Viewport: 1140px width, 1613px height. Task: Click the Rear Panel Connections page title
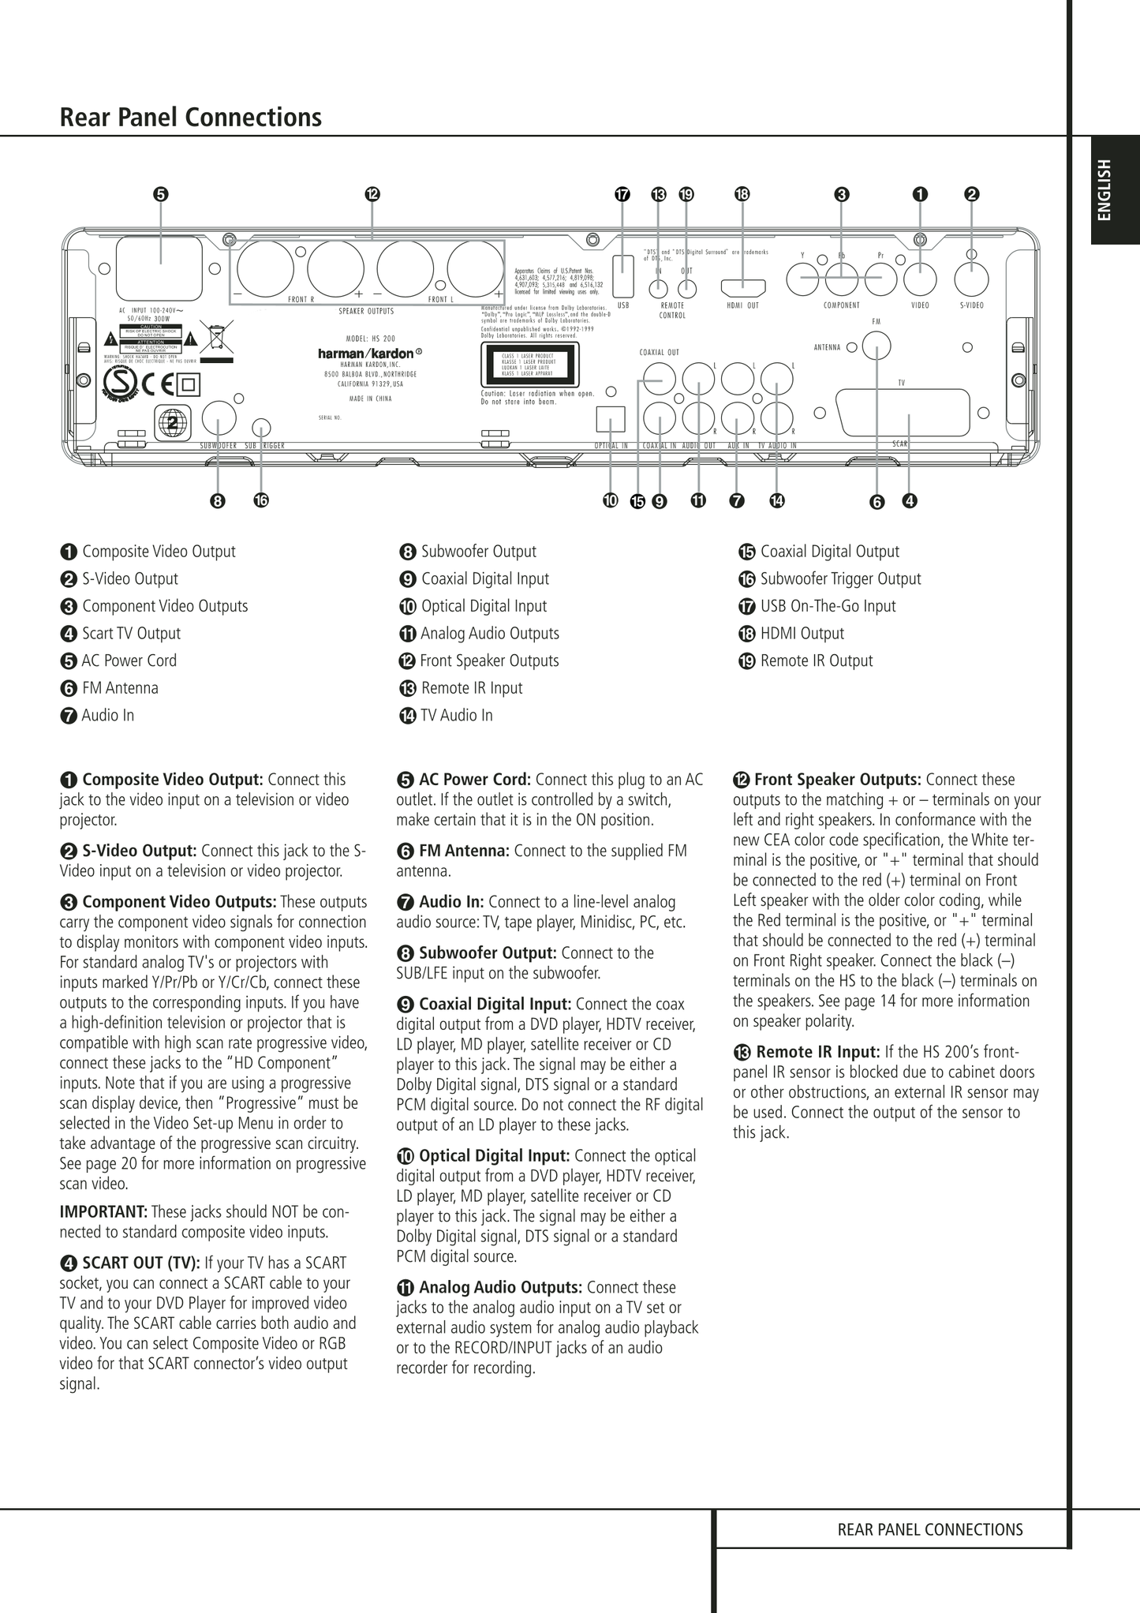[191, 118]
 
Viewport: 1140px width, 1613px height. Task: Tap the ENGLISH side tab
[1104, 190]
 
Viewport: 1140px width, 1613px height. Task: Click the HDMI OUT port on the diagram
[742, 286]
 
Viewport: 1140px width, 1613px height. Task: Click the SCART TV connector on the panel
[903, 412]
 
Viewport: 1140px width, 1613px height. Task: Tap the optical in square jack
[611, 418]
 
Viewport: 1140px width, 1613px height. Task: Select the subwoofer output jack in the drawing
[219, 418]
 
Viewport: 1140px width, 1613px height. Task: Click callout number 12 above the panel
[372, 194]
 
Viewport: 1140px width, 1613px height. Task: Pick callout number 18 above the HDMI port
[742, 194]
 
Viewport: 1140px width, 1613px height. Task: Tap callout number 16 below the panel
[261, 500]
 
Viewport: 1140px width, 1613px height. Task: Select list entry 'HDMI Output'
[802, 634]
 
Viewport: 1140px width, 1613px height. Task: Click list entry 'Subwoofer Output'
[478, 552]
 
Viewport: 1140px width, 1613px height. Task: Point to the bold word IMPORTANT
[103, 1211]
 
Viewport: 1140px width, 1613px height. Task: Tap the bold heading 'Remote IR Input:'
[817, 1052]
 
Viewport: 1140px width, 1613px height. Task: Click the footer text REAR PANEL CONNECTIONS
[929, 1530]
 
